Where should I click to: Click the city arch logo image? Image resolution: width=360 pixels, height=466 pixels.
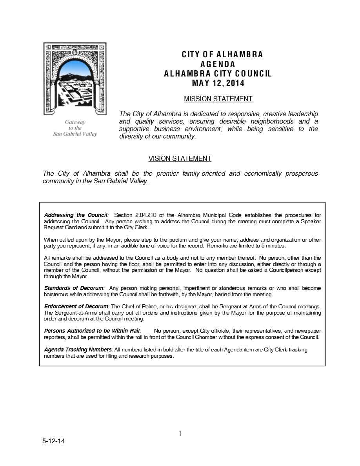coord(75,78)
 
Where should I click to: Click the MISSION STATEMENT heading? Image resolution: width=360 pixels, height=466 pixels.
coord(218,99)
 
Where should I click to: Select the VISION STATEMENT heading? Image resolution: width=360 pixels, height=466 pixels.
coord(180,158)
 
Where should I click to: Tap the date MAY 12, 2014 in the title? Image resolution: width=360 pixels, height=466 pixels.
coord(218,83)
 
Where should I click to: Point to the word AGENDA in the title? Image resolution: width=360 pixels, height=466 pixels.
coord(218,64)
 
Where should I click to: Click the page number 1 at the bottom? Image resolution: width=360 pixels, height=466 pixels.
coord(180,433)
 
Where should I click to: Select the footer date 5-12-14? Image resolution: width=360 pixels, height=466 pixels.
coord(54,441)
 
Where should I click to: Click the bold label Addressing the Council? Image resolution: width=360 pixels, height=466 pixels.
coord(76,215)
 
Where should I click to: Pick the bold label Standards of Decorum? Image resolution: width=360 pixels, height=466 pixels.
coord(74,288)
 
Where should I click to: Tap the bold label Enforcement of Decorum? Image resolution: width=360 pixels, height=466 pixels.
coord(76,306)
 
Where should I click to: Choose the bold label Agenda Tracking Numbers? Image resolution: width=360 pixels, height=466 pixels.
coord(78,350)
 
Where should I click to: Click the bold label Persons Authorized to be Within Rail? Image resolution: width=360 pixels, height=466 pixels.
coord(92,331)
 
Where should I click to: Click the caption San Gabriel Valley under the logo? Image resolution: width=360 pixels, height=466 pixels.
coord(75,134)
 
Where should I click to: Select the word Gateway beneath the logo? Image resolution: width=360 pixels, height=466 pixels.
coord(75,122)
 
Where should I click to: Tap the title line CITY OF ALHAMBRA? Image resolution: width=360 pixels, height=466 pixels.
coord(222,55)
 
